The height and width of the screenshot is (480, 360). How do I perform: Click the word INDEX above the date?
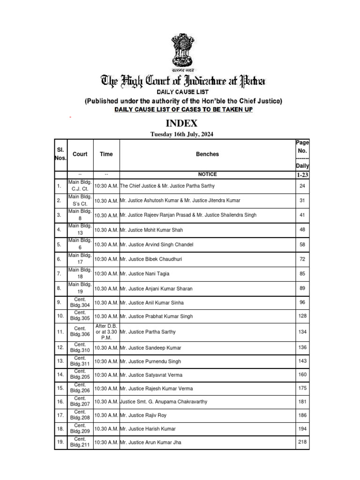pos(180,124)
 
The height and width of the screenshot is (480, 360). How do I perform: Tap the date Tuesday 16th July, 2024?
pos(181,135)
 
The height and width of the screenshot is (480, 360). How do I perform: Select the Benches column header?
pos(207,154)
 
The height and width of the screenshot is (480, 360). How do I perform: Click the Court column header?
pos(80,154)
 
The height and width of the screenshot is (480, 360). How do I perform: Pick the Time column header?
pos(106,154)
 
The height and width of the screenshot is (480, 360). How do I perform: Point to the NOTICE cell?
pos(207,174)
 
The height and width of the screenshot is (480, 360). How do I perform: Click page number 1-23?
pos(302,174)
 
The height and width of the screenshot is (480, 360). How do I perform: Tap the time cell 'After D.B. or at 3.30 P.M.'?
pos(106,332)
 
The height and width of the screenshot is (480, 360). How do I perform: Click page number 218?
pos(302,442)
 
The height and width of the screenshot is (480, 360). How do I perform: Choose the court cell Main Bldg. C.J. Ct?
pos(80,186)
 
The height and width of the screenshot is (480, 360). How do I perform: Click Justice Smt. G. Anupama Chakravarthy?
pos(164,402)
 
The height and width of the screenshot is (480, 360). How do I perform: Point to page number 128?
pos(302,316)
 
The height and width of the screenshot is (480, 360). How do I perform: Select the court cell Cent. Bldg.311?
pos(80,361)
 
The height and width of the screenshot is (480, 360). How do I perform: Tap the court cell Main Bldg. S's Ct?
pos(80,200)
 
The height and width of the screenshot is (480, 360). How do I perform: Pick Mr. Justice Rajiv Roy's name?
pos(143,415)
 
